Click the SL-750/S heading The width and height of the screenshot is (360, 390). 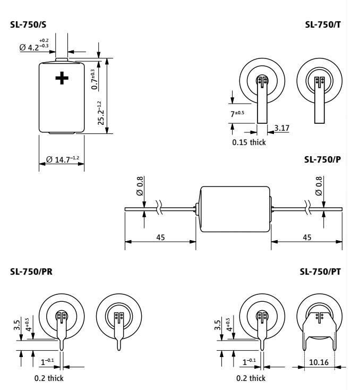click(x=28, y=24)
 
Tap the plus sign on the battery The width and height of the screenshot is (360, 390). click(x=62, y=78)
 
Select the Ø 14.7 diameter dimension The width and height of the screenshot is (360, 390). click(x=63, y=159)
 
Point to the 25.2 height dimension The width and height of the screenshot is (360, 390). click(x=101, y=113)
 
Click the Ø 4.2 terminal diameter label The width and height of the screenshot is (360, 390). click(x=34, y=45)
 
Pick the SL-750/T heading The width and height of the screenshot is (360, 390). click(x=323, y=24)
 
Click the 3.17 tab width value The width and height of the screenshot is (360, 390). click(x=282, y=128)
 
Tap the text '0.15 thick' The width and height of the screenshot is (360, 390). click(x=249, y=142)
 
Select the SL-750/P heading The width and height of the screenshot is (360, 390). click(x=323, y=160)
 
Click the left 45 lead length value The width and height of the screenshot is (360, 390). click(x=160, y=238)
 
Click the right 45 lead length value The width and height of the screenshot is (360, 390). click(x=307, y=238)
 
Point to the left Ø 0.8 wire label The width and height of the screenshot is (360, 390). click(x=140, y=186)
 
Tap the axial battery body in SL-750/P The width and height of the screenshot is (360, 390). click(x=235, y=209)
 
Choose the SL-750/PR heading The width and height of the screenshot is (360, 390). click(x=31, y=272)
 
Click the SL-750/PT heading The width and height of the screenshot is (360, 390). click(x=320, y=272)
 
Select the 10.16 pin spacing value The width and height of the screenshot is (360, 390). click(x=319, y=362)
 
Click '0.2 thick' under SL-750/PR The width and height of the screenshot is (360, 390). click(x=49, y=378)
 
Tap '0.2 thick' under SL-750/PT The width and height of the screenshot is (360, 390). click(x=251, y=378)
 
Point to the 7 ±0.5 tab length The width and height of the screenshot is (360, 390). click(x=237, y=114)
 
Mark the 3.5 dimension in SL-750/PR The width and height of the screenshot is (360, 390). click(x=17, y=325)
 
